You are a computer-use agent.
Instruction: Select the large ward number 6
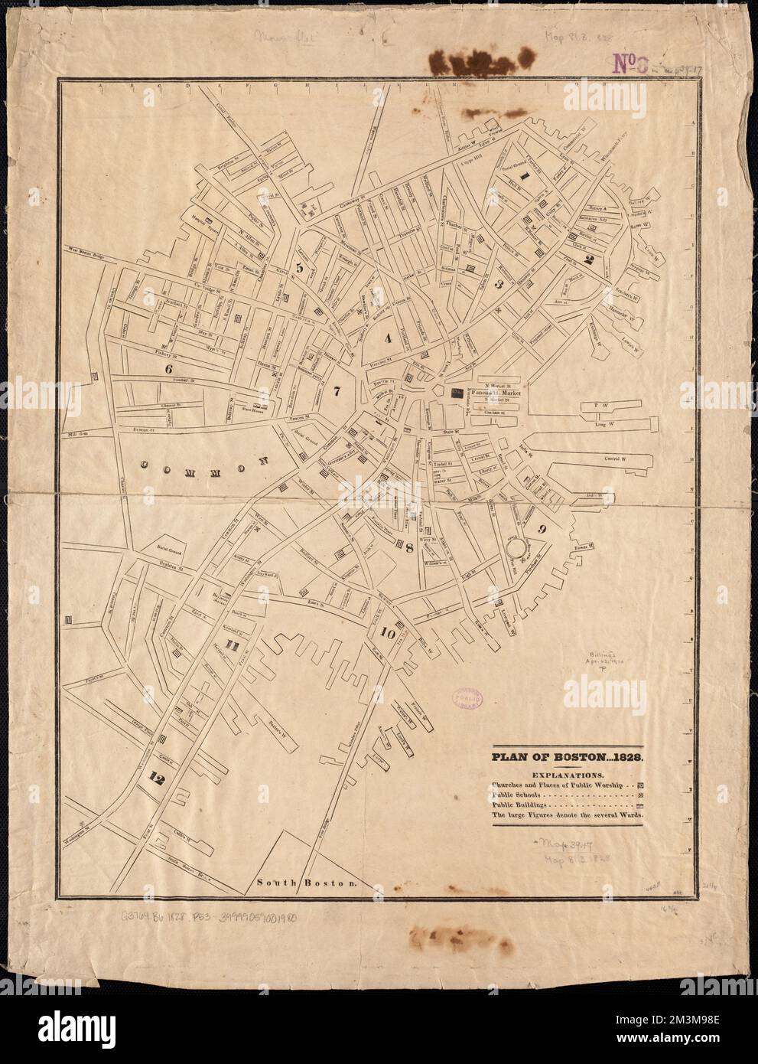tap(168, 367)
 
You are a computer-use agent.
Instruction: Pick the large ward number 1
tap(525, 175)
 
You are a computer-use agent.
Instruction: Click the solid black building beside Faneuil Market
tap(457, 394)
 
